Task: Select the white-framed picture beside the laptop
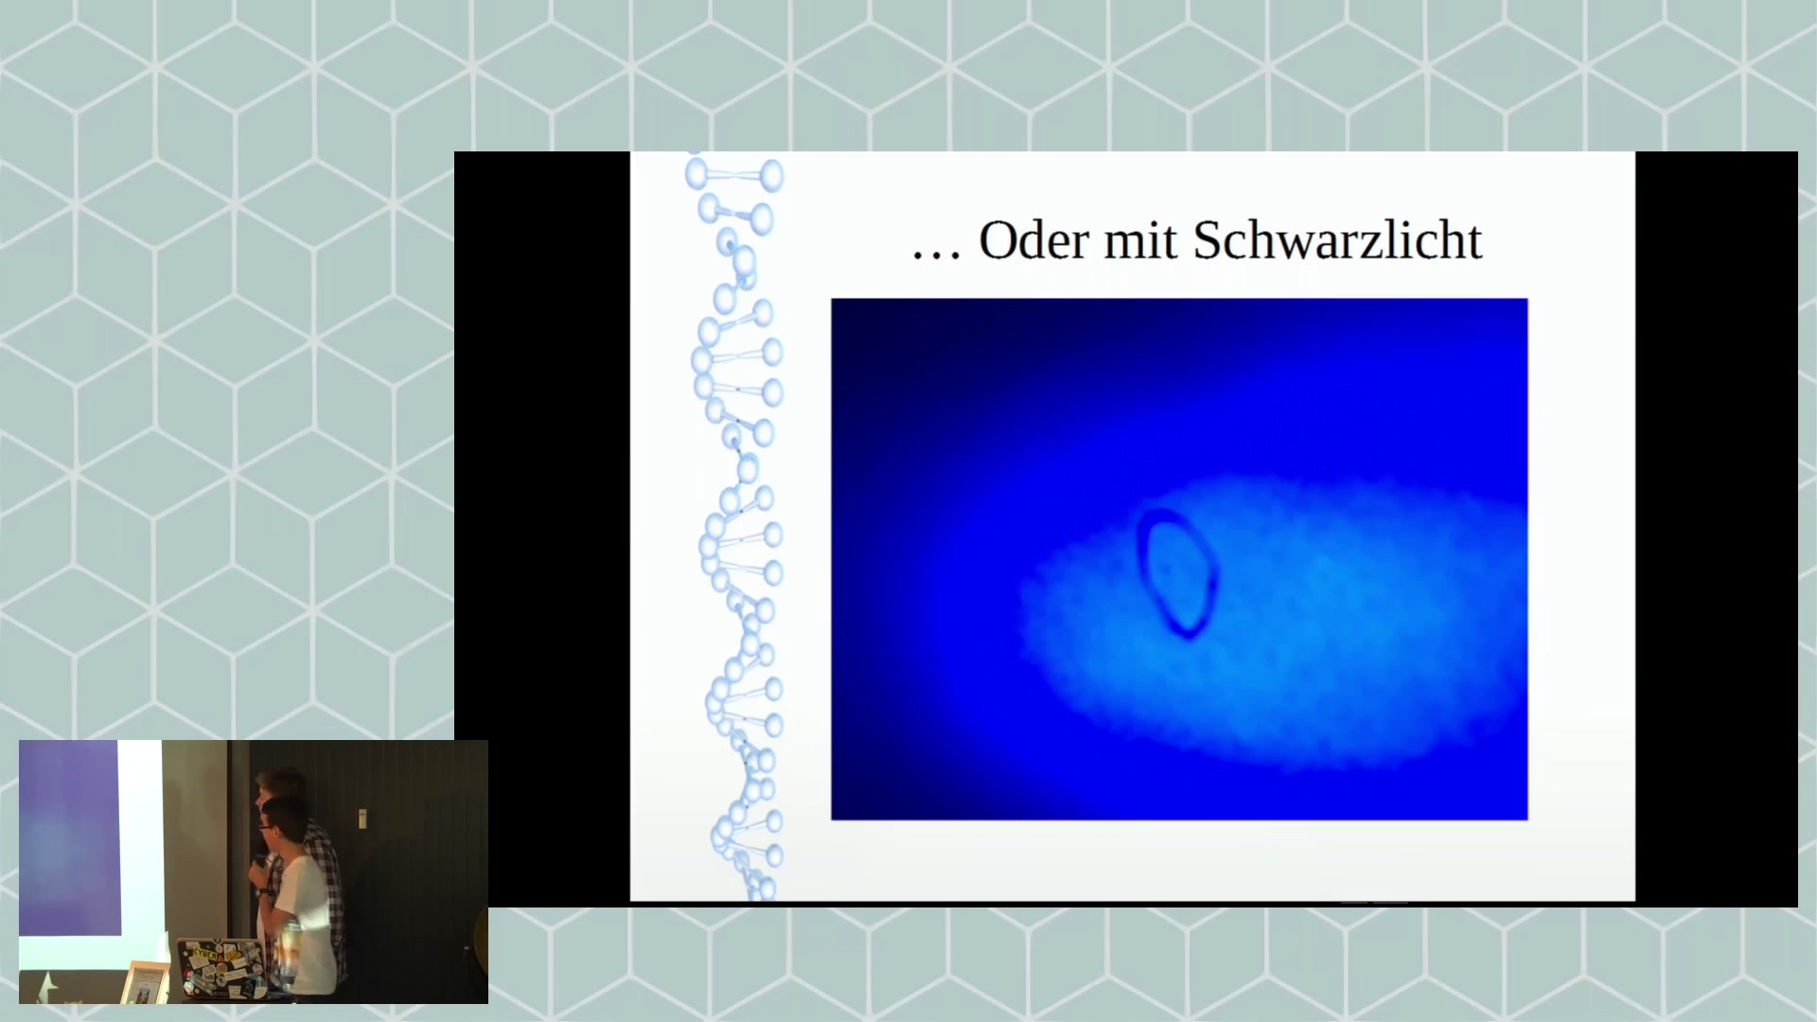coord(146,982)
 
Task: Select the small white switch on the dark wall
coord(362,818)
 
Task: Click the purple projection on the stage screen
coord(69,837)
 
